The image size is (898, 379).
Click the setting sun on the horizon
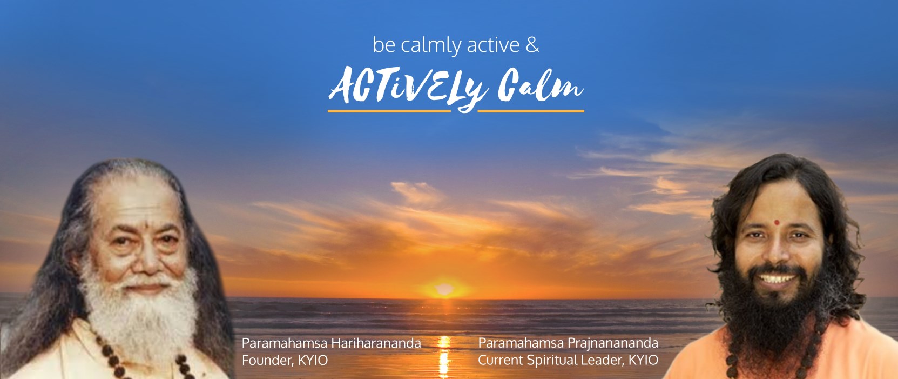[444, 289]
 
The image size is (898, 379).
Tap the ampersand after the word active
[532, 45]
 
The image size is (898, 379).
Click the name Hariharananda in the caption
[376, 343]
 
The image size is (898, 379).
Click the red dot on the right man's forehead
[776, 222]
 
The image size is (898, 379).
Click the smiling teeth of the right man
[775, 278]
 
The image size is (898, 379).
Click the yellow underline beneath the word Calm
[531, 111]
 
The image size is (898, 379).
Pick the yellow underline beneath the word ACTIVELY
[389, 111]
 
